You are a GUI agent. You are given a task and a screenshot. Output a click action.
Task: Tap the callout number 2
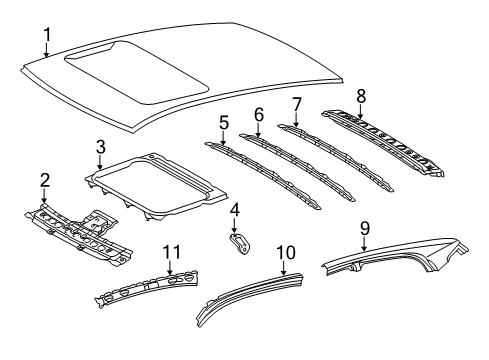[x=44, y=179]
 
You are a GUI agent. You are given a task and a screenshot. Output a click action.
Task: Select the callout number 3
[x=100, y=147]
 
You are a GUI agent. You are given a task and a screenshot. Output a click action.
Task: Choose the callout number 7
[x=296, y=105]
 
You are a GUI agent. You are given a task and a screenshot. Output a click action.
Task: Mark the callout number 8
[x=360, y=96]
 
